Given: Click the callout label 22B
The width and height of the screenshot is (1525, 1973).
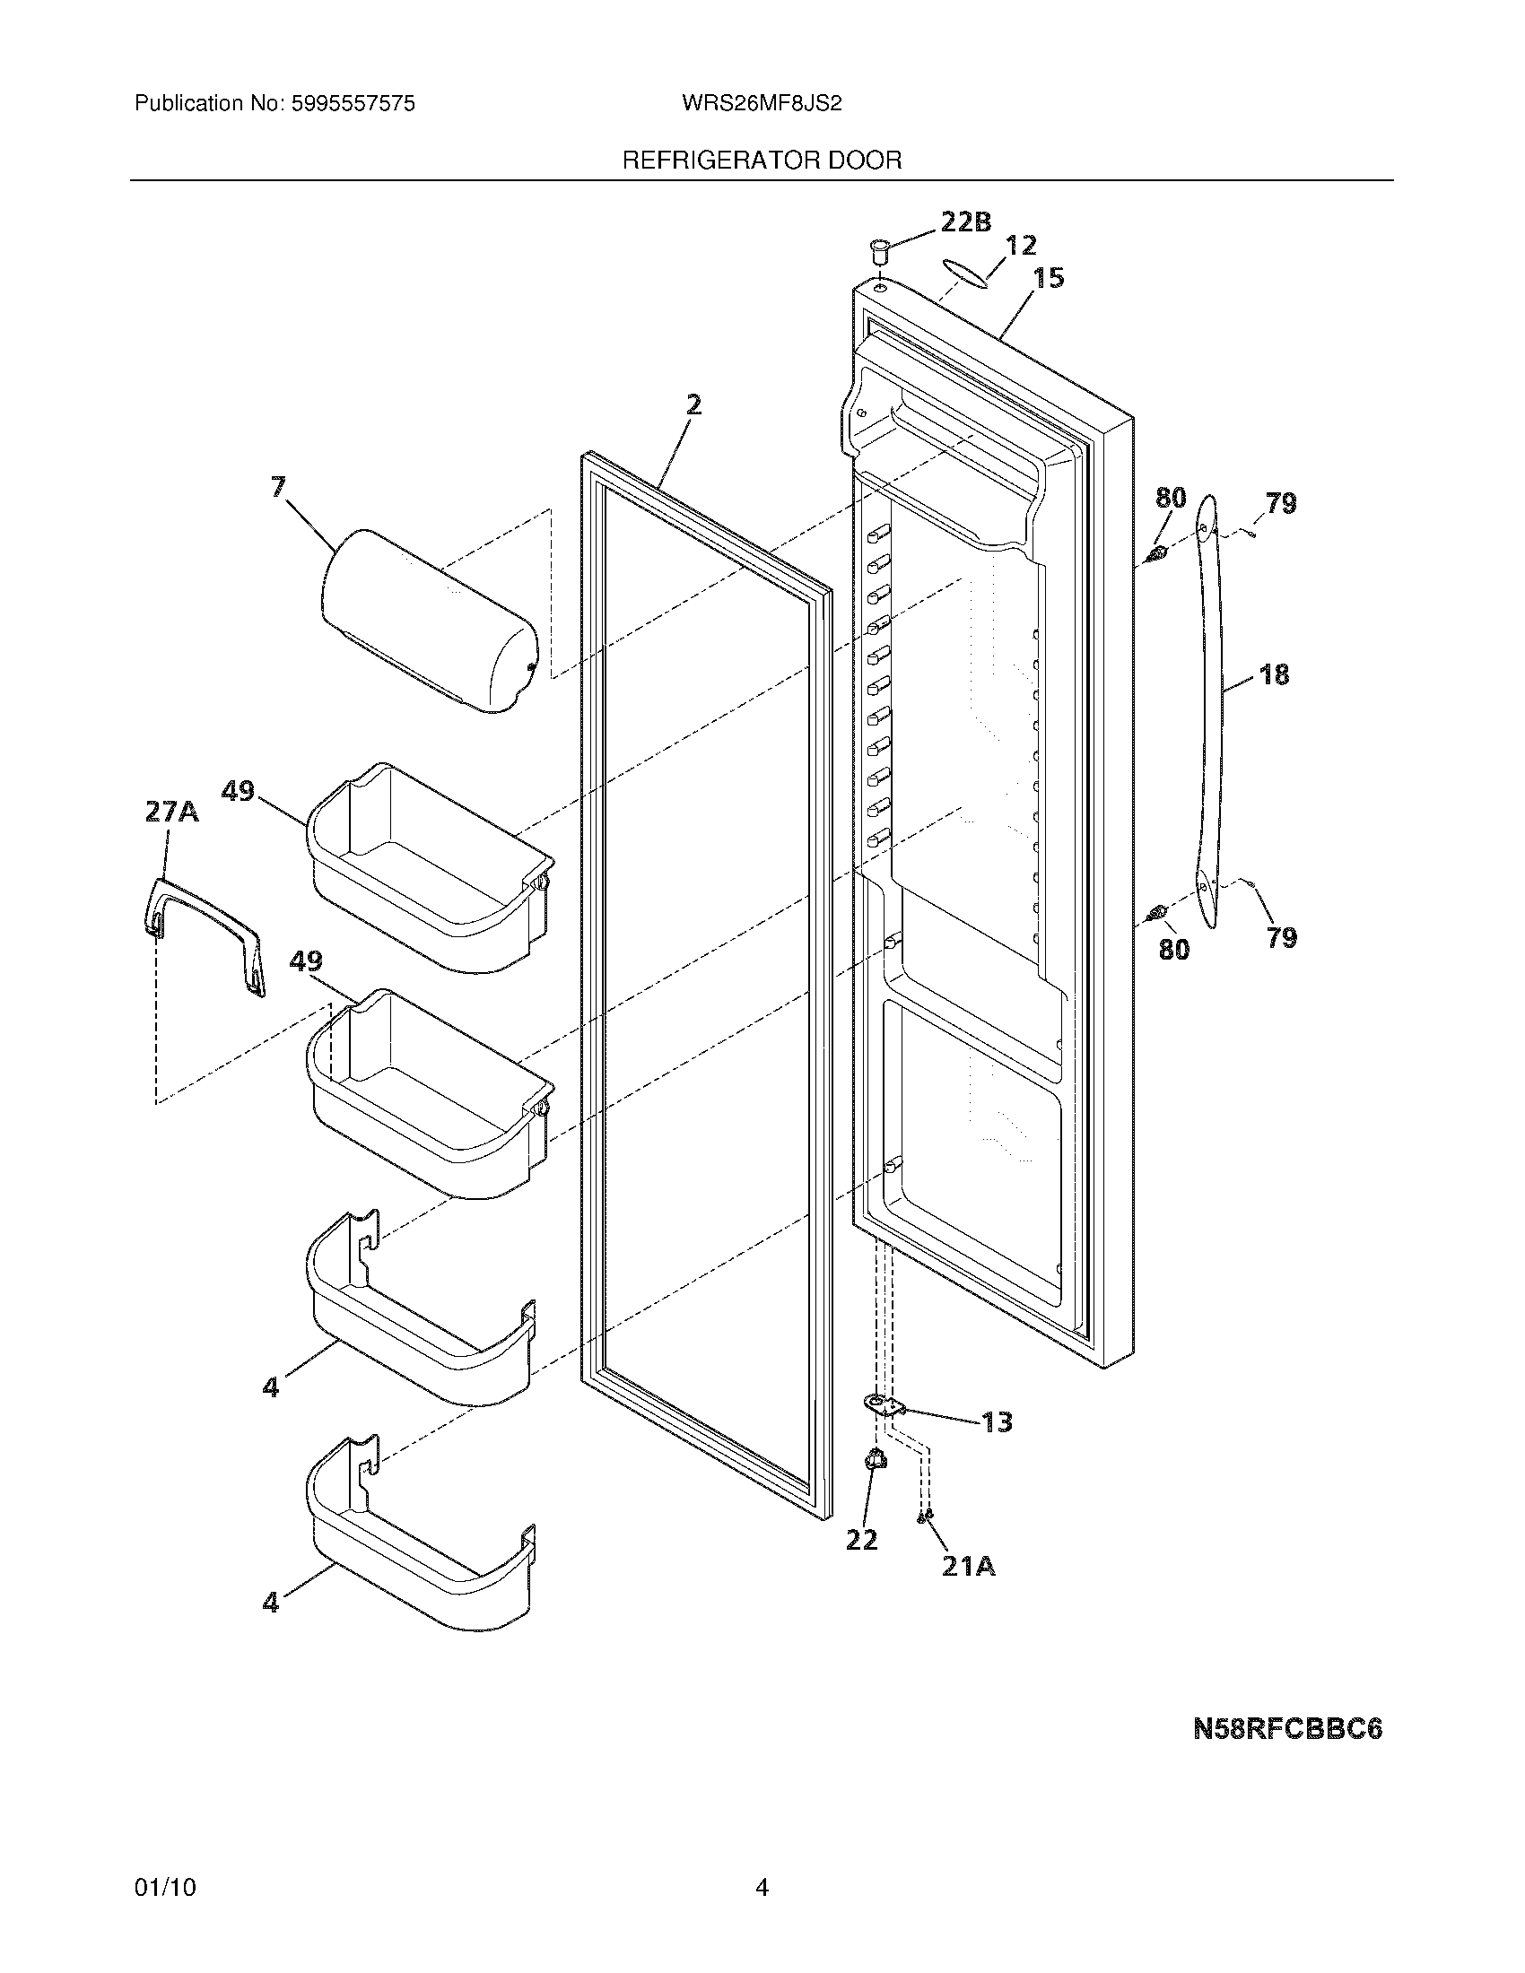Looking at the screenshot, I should click(966, 222).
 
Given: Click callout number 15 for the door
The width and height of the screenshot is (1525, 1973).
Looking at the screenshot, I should click(1048, 278).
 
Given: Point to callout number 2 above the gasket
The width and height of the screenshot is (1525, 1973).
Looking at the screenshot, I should click(693, 404).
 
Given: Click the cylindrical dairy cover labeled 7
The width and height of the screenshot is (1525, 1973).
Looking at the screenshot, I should click(429, 620).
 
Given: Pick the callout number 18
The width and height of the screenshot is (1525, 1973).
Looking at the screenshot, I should click(1274, 674).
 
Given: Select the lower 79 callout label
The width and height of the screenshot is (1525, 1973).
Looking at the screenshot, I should click(1282, 938).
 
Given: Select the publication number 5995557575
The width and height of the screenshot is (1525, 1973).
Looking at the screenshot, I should click(353, 104).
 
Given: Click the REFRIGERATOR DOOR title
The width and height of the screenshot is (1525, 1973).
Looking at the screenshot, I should click(762, 161).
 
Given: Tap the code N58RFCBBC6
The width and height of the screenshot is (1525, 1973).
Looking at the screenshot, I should click(1287, 1729).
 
